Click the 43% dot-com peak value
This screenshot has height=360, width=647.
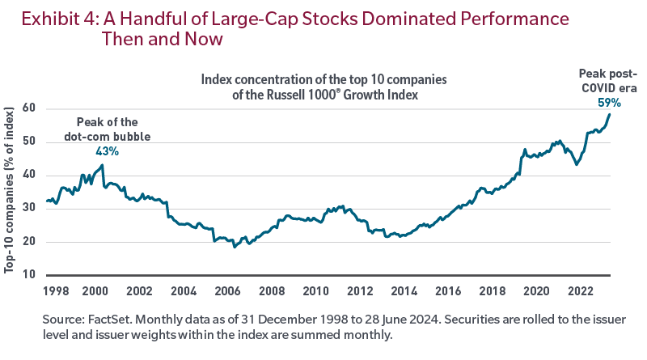(x=108, y=151)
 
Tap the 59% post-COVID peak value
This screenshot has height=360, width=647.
(x=610, y=103)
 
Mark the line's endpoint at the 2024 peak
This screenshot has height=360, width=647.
(x=610, y=114)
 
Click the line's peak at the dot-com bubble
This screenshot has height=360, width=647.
(x=103, y=165)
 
